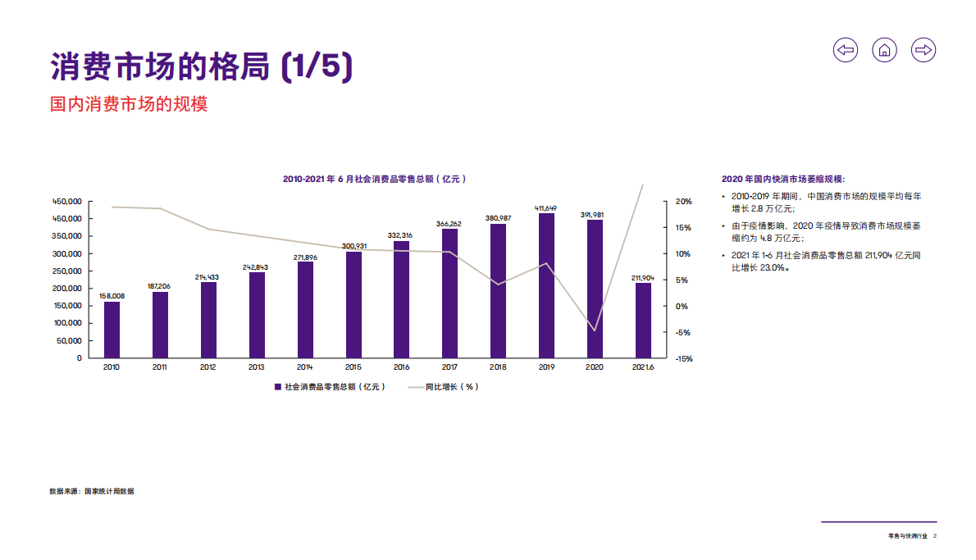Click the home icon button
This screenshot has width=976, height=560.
tap(884, 50)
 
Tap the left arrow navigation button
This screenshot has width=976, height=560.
tap(846, 50)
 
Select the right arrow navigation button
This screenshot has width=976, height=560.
tap(924, 50)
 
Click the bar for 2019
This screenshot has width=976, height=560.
tap(547, 285)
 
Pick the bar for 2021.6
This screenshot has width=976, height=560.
tap(644, 321)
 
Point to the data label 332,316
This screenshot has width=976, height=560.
tap(400, 235)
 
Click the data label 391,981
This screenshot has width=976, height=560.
tap(595, 214)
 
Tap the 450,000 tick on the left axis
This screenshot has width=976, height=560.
tap(67, 201)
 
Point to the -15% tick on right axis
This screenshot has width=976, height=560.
tap(682, 358)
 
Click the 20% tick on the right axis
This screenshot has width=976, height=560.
tap(682, 201)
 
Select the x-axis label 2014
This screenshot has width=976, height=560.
tap(305, 367)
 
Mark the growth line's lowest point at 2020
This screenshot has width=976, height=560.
tap(595, 330)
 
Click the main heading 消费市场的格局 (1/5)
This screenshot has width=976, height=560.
tap(202, 67)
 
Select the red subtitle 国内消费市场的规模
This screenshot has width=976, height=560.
tap(129, 104)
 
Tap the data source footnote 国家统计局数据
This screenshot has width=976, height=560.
tap(92, 491)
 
